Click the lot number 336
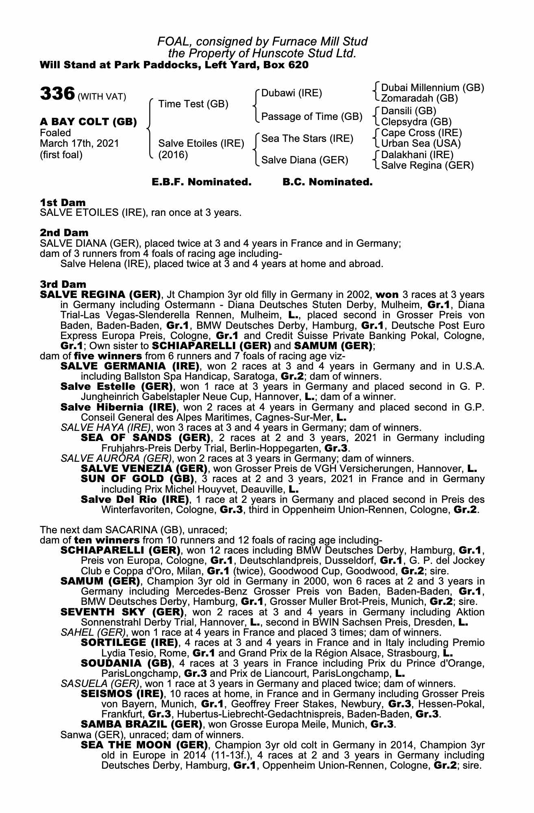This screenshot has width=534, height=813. tap(57, 93)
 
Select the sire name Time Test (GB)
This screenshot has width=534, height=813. tap(193, 104)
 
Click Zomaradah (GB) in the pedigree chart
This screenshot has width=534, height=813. tap(419, 98)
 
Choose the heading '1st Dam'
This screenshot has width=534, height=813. tap(63, 202)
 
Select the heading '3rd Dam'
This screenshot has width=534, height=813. tap(63, 284)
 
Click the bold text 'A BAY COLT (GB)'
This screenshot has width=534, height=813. tap(88, 122)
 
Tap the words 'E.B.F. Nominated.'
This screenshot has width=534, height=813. tap(202, 182)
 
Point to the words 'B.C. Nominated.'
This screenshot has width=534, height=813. tap(327, 182)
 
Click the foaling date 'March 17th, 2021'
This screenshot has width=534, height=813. tap(79, 143)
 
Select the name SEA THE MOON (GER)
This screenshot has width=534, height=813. tap(144, 745)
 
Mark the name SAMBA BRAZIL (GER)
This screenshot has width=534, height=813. tap(141, 724)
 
